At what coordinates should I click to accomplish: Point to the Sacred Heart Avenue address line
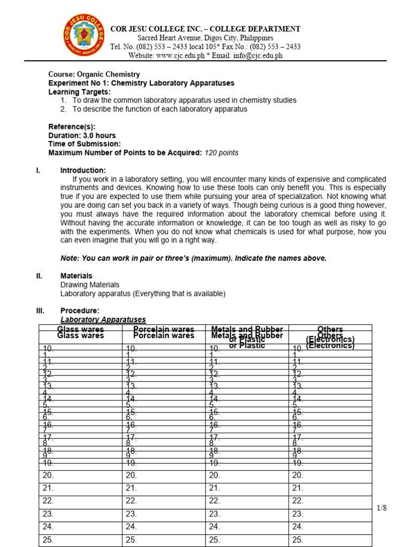coord(205,38)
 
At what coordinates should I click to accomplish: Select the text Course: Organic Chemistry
coord(94,74)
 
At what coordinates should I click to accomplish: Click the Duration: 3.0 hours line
coord(82,135)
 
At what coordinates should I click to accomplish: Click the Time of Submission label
coord(85,144)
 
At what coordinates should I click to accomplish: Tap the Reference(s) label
coord(72,127)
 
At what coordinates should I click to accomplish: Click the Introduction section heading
coord(83,170)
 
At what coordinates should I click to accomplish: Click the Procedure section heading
coord(80,310)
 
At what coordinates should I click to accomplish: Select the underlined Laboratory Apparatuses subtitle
coord(103,319)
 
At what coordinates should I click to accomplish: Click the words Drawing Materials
coord(89,285)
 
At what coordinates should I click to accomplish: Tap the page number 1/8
coord(381,508)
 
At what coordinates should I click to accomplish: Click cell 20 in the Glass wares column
coord(48,475)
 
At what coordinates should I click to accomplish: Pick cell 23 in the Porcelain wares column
coord(132,514)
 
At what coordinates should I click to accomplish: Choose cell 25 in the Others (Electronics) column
coord(298,540)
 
